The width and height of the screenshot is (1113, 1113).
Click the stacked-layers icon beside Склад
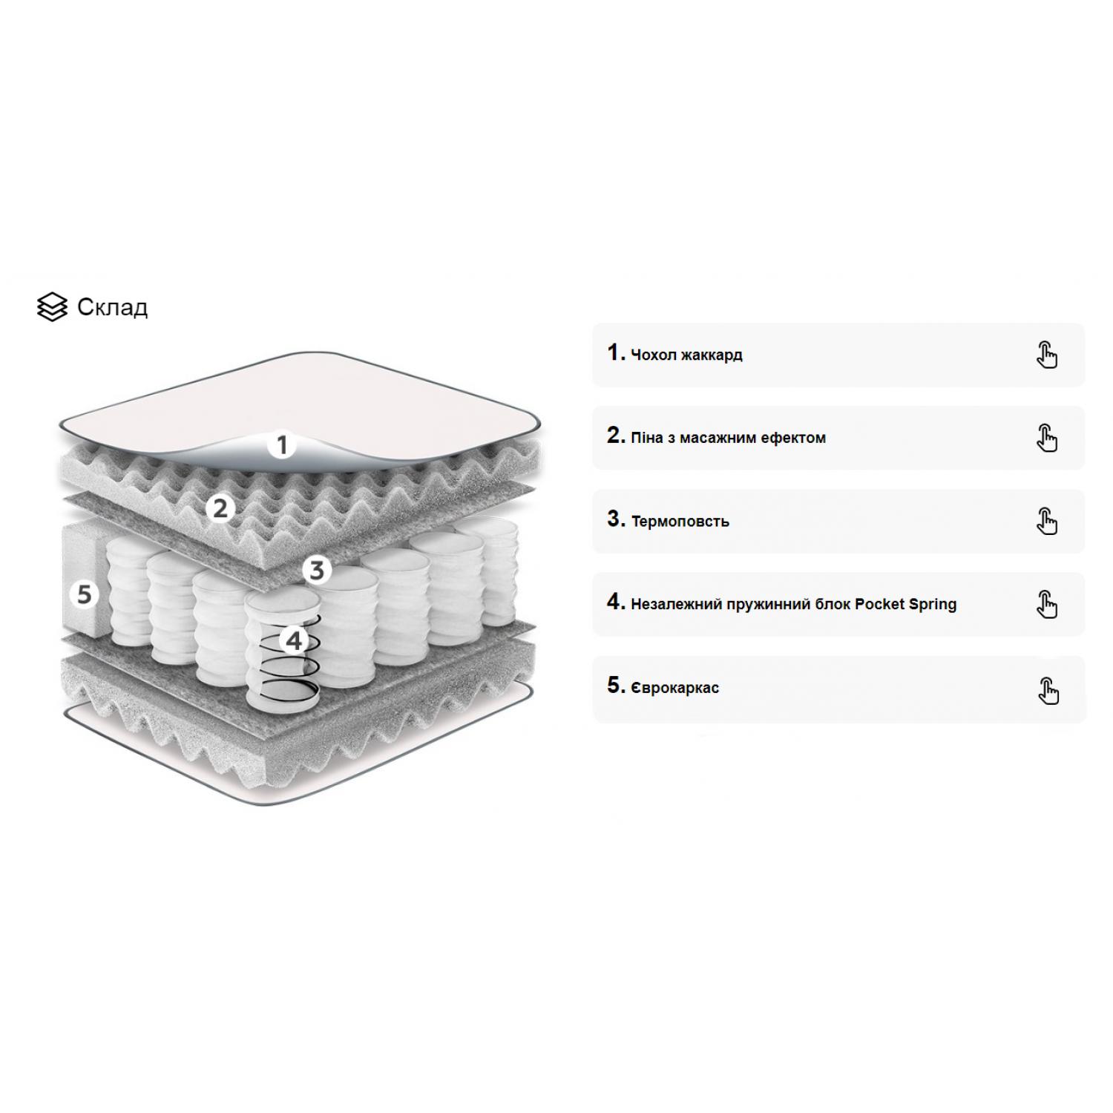click(52, 307)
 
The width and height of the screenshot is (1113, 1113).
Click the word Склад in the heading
click(113, 307)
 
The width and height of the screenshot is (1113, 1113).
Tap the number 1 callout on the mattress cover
click(282, 445)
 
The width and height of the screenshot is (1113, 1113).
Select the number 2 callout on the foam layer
click(220, 509)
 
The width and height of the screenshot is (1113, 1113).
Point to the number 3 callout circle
click(317, 570)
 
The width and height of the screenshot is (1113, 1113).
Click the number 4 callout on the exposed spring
click(295, 640)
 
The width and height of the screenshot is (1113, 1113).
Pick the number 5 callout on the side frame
click(85, 594)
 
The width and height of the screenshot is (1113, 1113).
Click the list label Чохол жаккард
click(686, 355)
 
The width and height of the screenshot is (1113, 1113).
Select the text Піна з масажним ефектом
click(728, 438)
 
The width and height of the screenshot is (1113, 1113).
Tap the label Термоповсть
click(680, 522)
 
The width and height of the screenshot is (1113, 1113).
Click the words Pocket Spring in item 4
click(906, 605)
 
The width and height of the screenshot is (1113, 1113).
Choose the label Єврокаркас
click(674, 688)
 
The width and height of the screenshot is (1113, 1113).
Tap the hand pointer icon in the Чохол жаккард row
click(1047, 355)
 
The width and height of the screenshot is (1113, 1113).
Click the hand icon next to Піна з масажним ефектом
click(1047, 438)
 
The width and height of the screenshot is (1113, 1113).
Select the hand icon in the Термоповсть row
click(1047, 521)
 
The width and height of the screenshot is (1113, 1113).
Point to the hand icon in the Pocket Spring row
click(1047, 604)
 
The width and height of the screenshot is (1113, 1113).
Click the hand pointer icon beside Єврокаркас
click(1048, 691)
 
